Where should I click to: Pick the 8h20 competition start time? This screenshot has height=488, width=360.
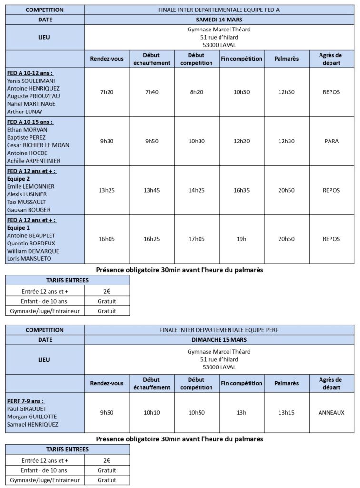pyautogui.click(x=197, y=92)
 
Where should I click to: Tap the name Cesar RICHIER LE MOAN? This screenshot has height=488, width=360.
pyautogui.click(x=39, y=145)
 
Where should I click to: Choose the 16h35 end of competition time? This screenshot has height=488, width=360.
pyautogui.click(x=241, y=190)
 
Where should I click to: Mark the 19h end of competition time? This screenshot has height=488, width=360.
pyautogui.click(x=241, y=239)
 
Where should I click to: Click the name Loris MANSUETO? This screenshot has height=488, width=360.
pyautogui.click(x=29, y=259)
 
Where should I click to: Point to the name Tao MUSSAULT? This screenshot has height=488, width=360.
pyautogui.click(x=28, y=202)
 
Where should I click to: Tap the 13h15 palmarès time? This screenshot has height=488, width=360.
pyautogui.click(x=287, y=412)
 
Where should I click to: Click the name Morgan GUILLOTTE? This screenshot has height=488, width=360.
pyautogui.click(x=31, y=417)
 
